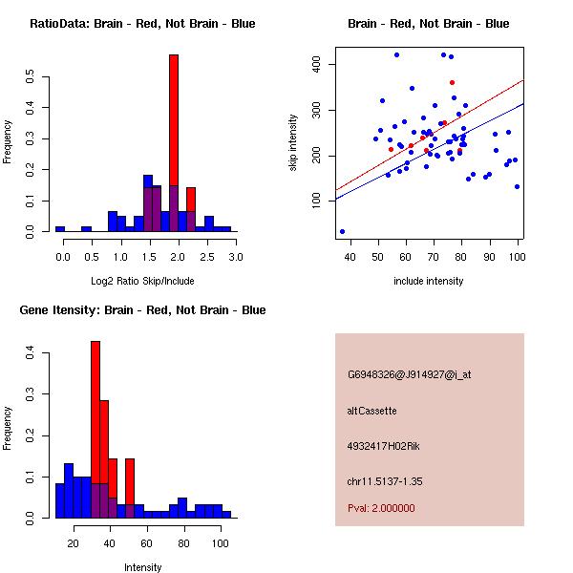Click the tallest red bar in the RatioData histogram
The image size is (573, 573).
tap(174, 143)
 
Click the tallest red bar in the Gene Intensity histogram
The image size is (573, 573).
tap(95, 420)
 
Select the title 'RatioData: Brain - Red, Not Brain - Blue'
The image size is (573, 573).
tap(142, 24)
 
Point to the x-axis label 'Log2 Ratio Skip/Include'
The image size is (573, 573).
tap(142, 280)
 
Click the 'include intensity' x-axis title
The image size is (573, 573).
tap(429, 281)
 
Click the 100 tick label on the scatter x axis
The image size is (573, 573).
tap(518, 256)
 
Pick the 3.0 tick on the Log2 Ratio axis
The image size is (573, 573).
tap(237, 256)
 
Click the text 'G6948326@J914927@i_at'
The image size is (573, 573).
tap(409, 374)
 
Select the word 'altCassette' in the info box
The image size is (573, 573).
tap(371, 411)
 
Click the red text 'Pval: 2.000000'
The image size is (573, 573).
tap(381, 508)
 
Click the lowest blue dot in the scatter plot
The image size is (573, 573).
tap(342, 231)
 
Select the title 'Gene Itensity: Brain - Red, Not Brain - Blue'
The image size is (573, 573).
tap(142, 310)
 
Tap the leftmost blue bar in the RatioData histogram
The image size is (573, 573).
tap(60, 229)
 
